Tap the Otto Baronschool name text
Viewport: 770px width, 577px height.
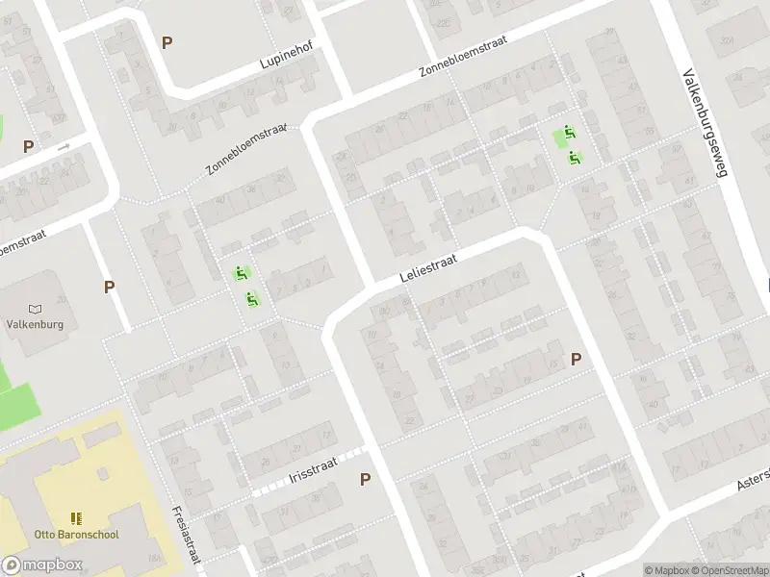(77, 534)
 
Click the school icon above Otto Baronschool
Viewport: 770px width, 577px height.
(77, 518)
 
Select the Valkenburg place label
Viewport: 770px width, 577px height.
(36, 324)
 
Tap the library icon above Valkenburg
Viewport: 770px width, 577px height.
(36, 309)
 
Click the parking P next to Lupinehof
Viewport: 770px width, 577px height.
(167, 42)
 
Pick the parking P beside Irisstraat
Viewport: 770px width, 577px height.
(366, 479)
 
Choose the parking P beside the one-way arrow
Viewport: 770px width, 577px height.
(29, 147)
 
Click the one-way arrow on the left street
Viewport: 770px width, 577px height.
(64, 147)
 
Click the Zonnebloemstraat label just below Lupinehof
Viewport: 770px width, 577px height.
(246, 149)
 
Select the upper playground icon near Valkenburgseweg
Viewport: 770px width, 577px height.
(570, 133)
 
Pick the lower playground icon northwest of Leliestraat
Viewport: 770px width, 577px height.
(252, 298)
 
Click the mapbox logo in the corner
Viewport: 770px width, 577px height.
(42, 565)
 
